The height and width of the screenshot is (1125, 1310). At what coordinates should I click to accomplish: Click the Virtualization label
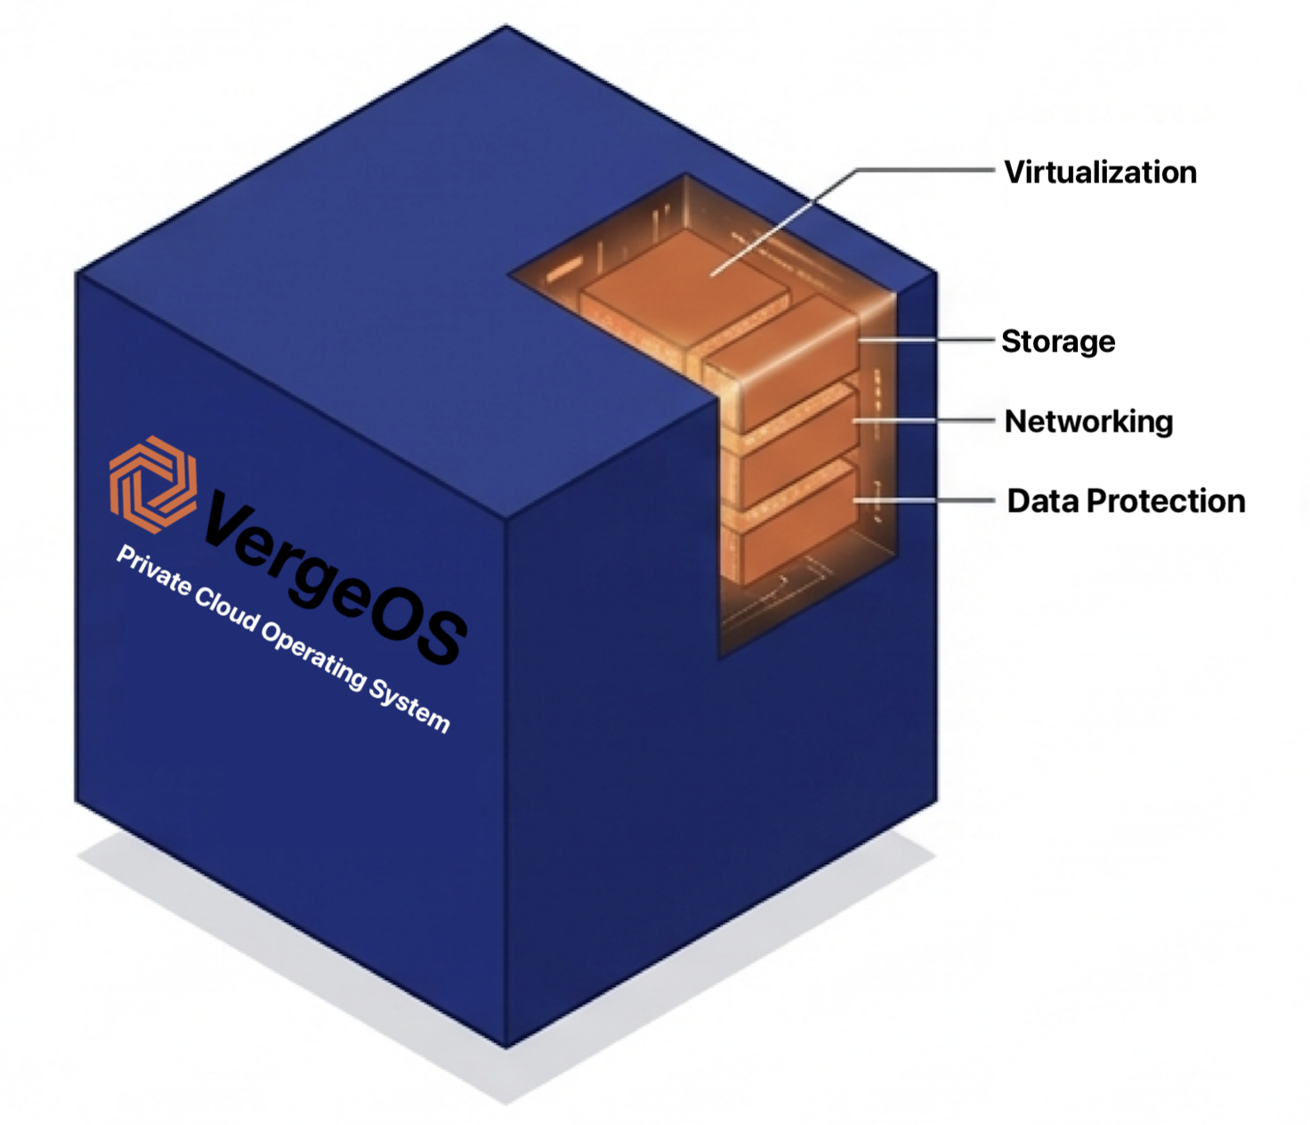point(1100,173)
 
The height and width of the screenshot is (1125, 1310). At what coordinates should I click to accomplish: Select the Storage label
point(1058,342)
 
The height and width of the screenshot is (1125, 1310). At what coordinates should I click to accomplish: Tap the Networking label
point(1088,422)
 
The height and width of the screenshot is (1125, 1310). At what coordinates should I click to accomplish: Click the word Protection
point(1166,501)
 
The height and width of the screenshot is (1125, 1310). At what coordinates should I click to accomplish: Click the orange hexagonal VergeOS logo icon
point(153,484)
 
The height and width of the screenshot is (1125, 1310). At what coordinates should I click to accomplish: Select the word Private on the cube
point(153,571)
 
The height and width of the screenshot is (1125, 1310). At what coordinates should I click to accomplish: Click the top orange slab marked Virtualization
point(684,284)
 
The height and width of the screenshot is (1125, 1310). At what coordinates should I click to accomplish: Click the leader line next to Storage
point(927,340)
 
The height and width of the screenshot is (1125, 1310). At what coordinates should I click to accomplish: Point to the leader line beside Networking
point(924,420)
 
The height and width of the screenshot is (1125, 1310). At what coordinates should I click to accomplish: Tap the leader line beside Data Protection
point(924,501)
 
